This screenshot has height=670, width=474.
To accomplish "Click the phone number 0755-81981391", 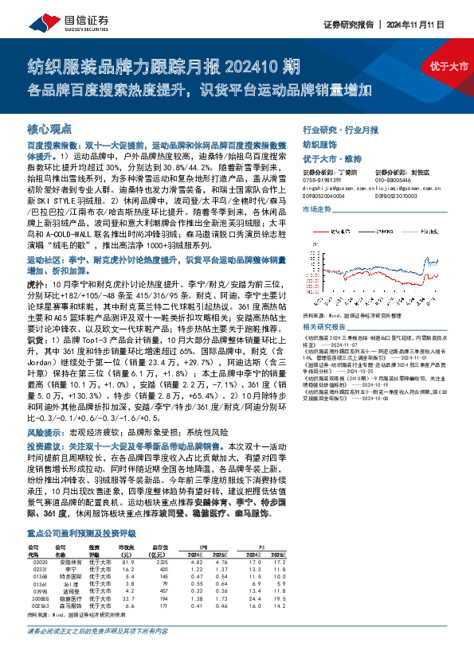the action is click(323, 180).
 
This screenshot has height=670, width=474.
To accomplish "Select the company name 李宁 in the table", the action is click(69, 547).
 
